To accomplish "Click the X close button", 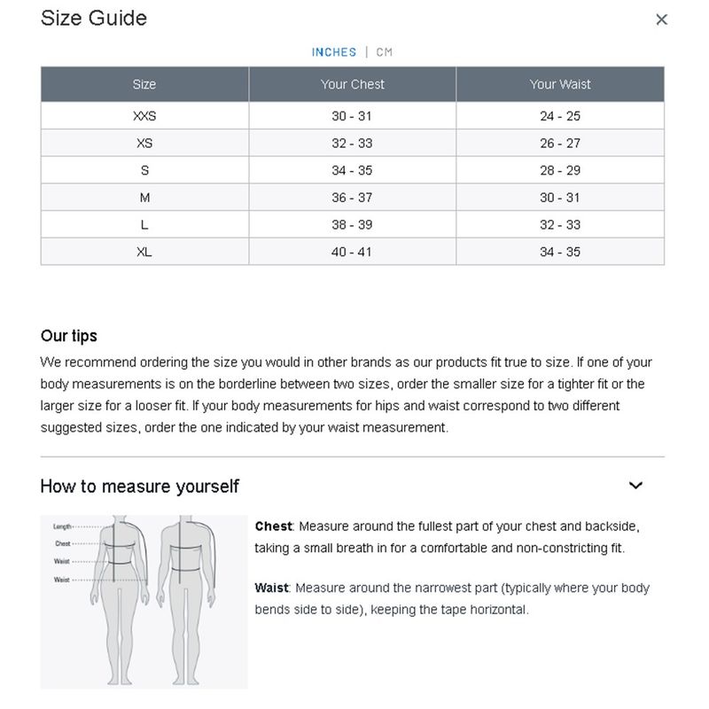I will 661,19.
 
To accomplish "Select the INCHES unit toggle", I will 334,52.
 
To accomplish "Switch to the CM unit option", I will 384,52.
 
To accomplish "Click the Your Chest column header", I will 353,84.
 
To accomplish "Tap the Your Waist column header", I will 560,84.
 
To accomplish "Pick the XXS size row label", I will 144,116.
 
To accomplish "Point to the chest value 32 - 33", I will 353,144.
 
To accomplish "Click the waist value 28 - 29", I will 560,170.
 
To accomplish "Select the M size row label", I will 144,198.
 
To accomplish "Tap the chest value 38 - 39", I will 353,225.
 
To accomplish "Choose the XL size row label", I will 144,252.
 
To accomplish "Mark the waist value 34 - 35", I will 560,252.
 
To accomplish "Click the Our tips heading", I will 69,337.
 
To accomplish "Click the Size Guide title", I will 94,19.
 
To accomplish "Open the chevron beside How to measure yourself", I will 635,486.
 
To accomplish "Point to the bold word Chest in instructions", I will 273,526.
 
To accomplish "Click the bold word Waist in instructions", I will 272,588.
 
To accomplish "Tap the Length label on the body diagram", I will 62,526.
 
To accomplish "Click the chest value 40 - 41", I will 353,252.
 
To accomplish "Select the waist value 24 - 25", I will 560,116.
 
